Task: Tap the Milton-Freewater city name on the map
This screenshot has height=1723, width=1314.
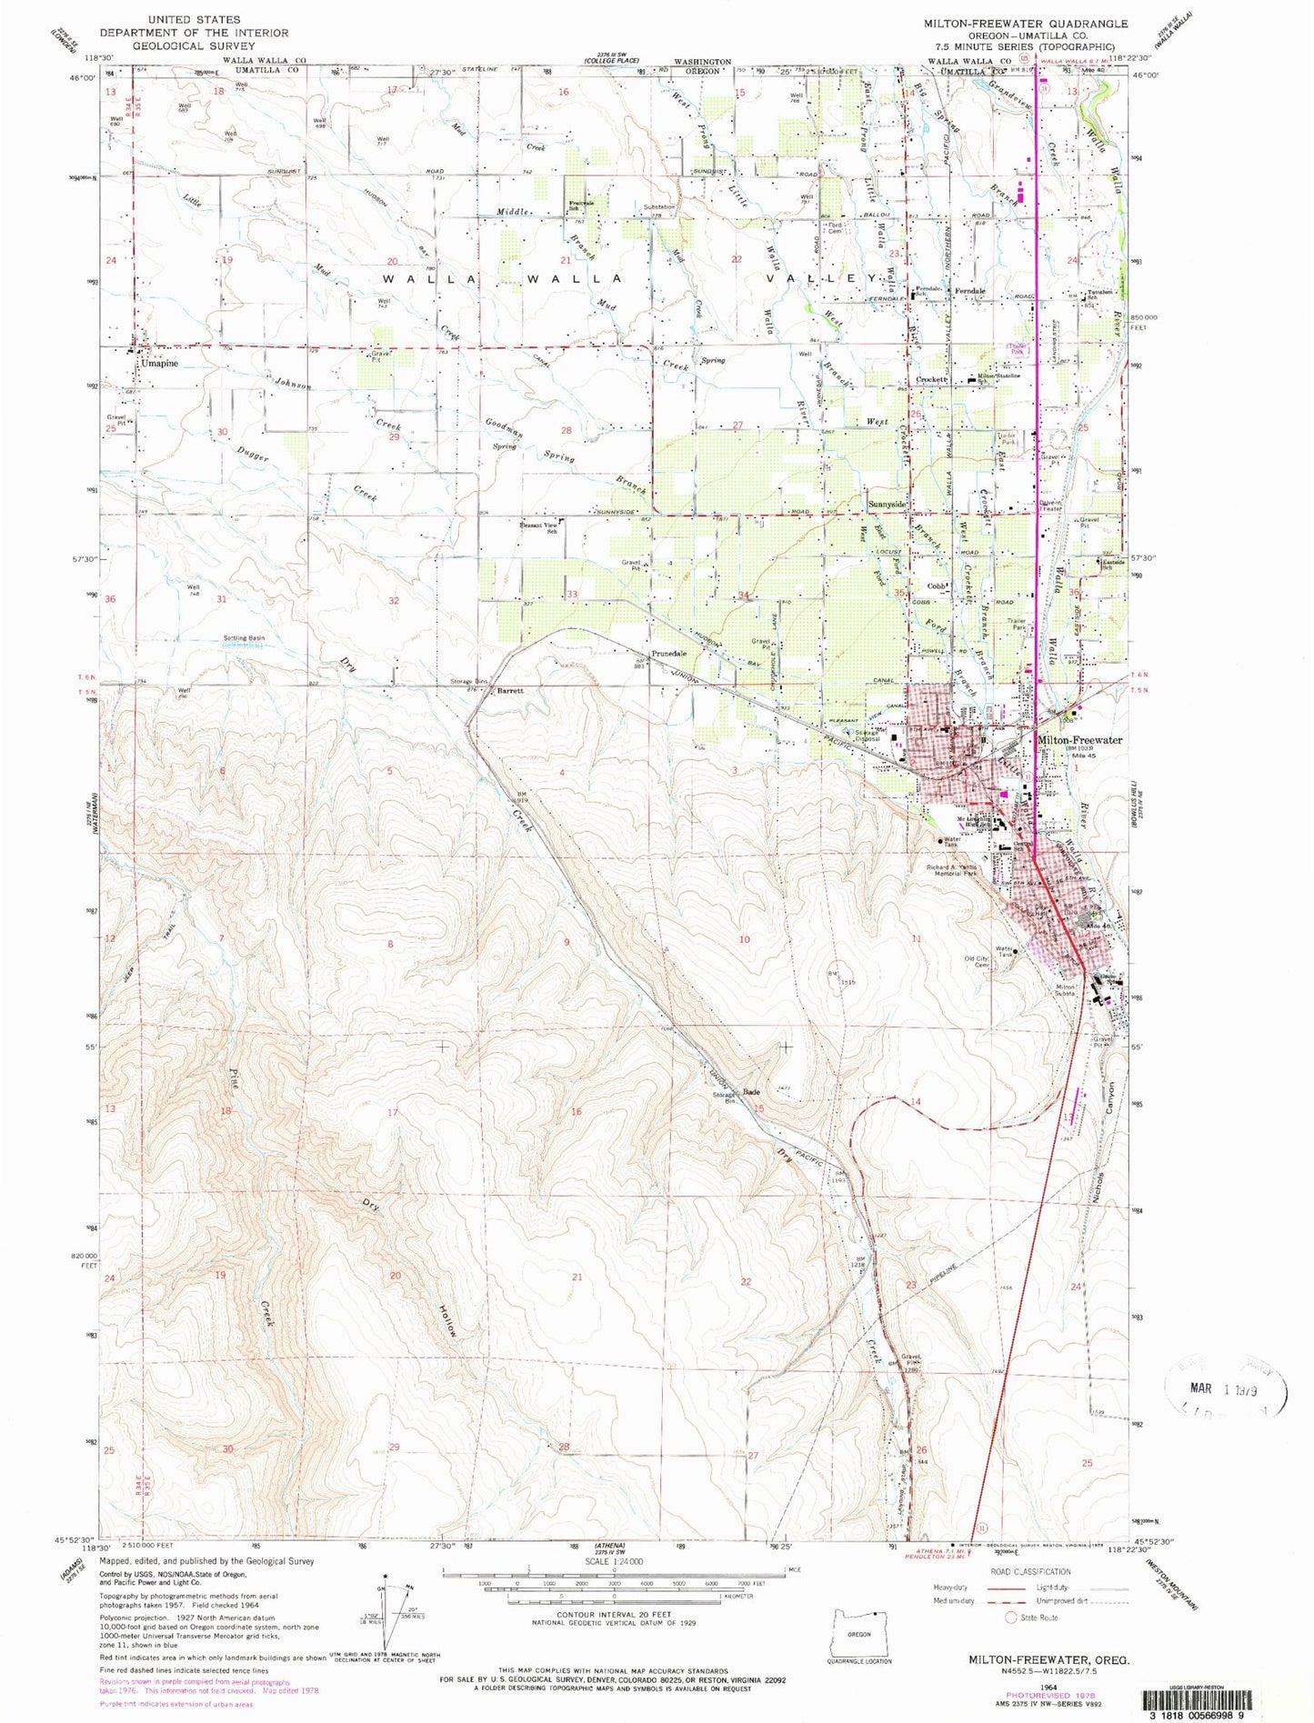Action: tap(1079, 740)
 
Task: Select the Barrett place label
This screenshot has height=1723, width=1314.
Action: tap(508, 691)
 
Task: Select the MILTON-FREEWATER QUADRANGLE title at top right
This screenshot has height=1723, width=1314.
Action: tap(1025, 24)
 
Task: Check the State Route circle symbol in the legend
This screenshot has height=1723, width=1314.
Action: tap(1009, 1618)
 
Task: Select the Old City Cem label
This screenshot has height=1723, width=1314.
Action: tap(977, 962)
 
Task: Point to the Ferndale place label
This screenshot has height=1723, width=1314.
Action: tap(965, 291)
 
